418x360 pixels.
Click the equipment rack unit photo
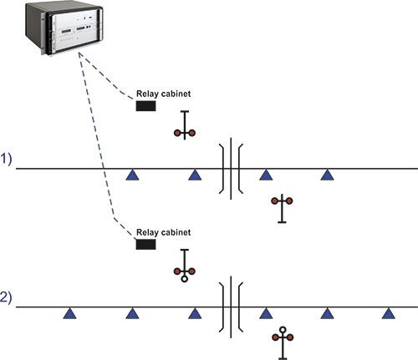pyautogui.click(x=64, y=28)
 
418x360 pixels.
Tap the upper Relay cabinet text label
pyautogui.click(x=163, y=94)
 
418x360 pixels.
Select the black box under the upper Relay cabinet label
pyautogui.click(x=145, y=106)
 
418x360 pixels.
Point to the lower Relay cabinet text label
pyautogui.click(x=163, y=232)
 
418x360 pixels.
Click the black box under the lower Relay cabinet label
pyautogui.click(x=145, y=244)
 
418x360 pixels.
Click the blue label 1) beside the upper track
pyautogui.click(x=6, y=160)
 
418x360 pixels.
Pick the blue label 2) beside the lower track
pyautogui.click(x=6, y=297)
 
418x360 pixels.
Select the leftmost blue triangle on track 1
pyautogui.click(x=132, y=175)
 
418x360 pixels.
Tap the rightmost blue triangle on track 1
pyautogui.click(x=327, y=175)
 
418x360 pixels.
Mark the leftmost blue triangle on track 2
pyautogui.click(x=69, y=314)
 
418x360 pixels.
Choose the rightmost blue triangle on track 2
pyautogui.click(x=389, y=314)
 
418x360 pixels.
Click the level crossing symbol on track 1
pyautogui.click(x=231, y=169)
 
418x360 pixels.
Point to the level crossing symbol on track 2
pyautogui.click(x=231, y=307)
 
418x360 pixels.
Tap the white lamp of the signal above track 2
pyautogui.click(x=184, y=279)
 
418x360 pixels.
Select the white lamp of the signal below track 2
pyautogui.click(x=283, y=330)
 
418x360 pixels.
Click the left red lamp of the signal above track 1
pyautogui.click(x=177, y=133)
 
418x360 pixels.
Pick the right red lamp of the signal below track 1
pyautogui.click(x=289, y=200)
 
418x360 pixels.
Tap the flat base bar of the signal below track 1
pyautogui.click(x=282, y=222)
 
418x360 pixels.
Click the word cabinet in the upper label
pyautogui.click(x=176, y=94)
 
